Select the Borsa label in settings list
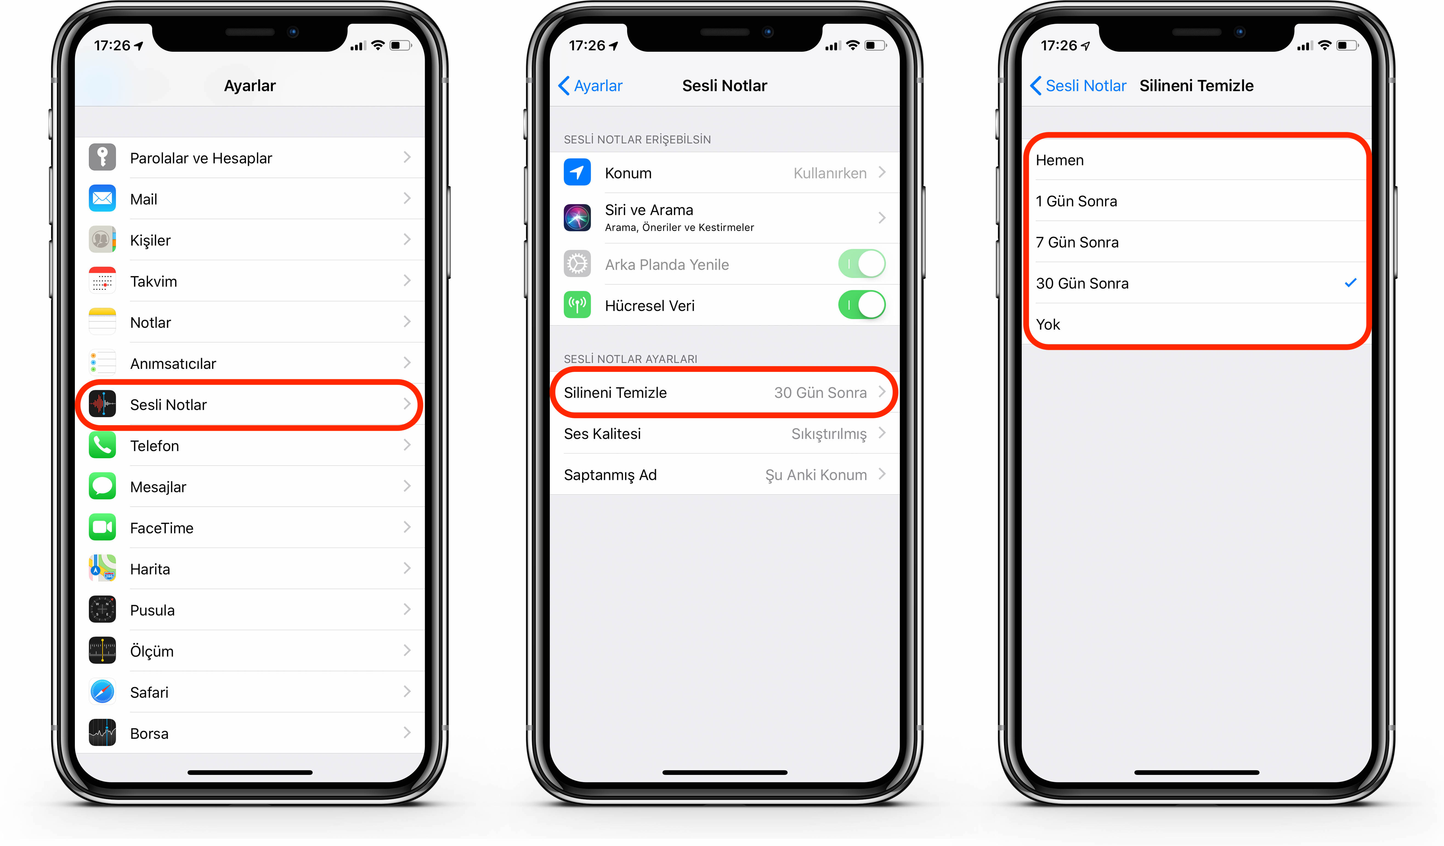click(149, 734)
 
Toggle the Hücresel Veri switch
click(862, 305)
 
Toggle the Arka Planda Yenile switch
click(862, 264)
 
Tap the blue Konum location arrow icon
click(577, 172)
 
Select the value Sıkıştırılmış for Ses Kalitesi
click(829, 434)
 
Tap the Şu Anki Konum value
click(816, 475)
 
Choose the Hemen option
click(1060, 160)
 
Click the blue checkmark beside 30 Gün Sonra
click(1350, 282)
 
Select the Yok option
click(1048, 324)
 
